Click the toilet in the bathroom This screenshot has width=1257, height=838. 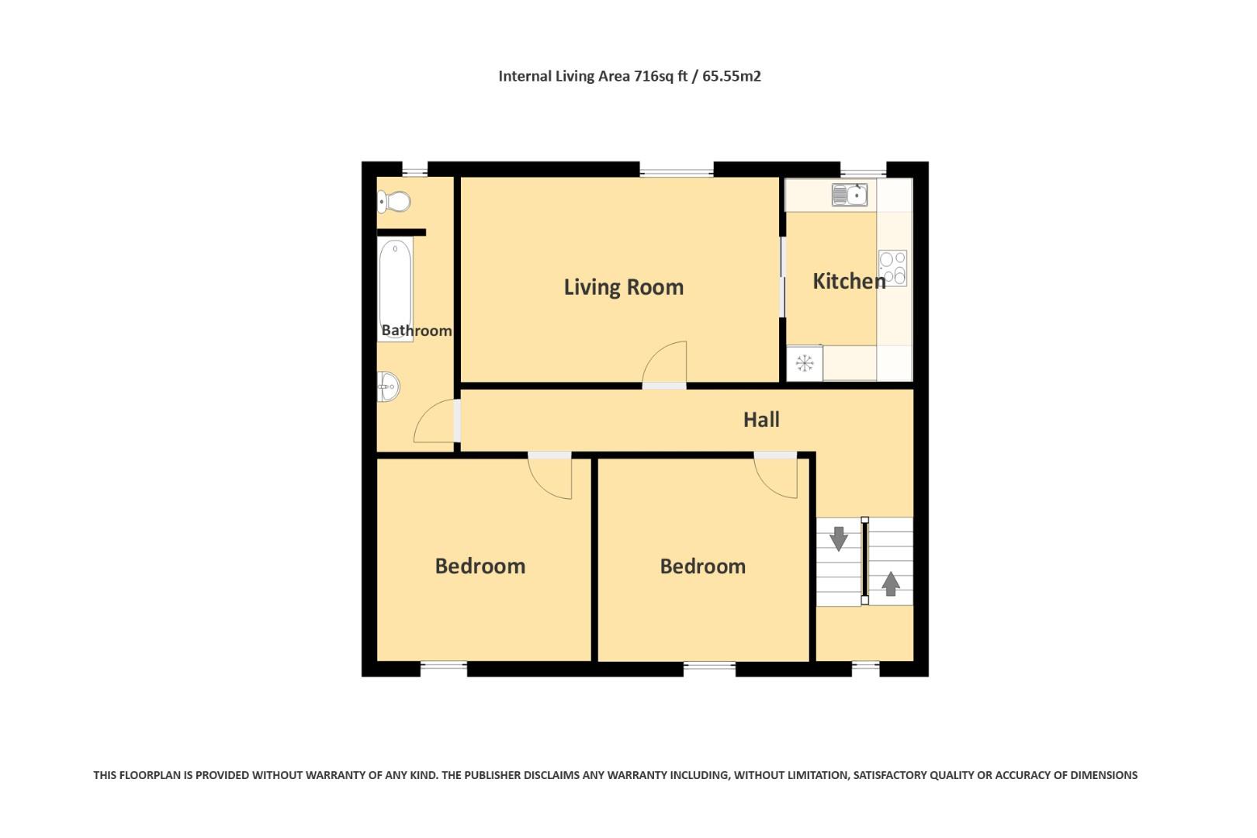point(394,202)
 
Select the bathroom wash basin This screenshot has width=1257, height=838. point(388,386)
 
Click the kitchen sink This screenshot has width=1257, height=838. point(850,194)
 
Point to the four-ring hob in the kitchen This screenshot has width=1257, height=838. point(892,267)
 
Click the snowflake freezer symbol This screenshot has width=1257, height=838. point(805,362)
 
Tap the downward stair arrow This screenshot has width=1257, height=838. point(839,538)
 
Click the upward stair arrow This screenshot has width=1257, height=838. point(891,583)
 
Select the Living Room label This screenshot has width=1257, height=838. point(623,287)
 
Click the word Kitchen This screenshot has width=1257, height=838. point(848,281)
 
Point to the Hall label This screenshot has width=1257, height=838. point(760,420)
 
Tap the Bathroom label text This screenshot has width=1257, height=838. point(416,331)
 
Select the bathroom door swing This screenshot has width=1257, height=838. point(436,423)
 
